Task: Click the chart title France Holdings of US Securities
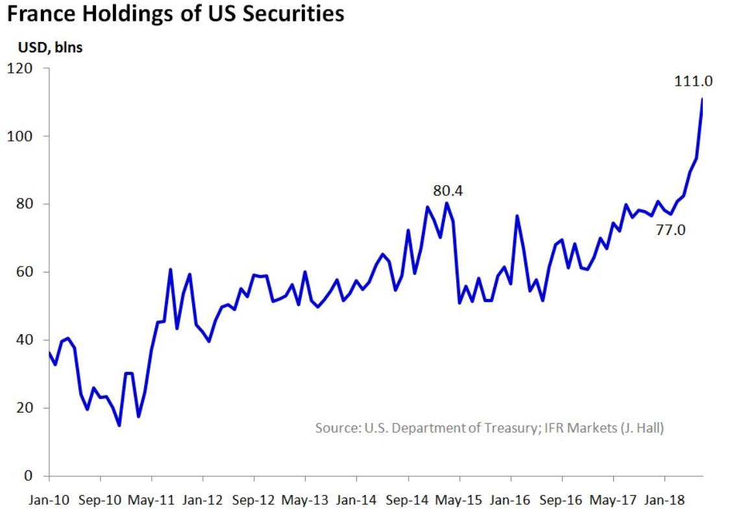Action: click(175, 14)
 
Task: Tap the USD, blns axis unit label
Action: click(45, 47)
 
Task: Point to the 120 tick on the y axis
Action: click(19, 68)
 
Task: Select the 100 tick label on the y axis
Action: click(19, 136)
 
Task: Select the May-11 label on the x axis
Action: click(151, 501)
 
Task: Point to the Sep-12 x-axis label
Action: click(254, 501)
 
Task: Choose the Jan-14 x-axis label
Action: click(356, 501)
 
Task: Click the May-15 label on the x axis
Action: click(459, 501)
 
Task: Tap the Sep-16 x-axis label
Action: click(562, 501)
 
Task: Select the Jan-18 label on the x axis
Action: click(664, 501)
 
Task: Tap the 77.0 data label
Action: click(671, 229)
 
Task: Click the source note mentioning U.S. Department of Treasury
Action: click(489, 428)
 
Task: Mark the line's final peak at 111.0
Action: click(703, 99)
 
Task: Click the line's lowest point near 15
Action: click(119, 425)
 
